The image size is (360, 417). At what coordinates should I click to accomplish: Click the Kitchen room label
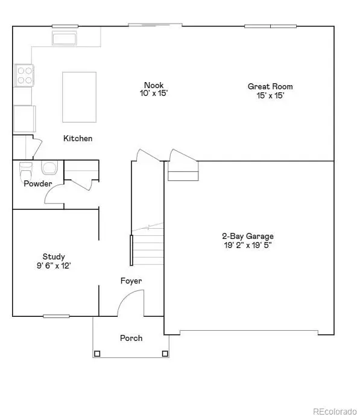(x=78, y=139)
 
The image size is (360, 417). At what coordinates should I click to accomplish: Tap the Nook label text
(x=154, y=85)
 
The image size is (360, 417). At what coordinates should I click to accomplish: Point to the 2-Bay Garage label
(x=248, y=236)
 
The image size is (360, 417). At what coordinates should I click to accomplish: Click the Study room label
(x=54, y=256)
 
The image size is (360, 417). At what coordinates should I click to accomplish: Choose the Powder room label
(x=37, y=183)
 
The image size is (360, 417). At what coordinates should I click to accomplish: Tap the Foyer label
(x=131, y=281)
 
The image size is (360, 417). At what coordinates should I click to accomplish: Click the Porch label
(x=131, y=338)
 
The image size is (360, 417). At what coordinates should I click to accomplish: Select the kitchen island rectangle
(x=79, y=96)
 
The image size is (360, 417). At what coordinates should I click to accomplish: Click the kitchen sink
(x=63, y=39)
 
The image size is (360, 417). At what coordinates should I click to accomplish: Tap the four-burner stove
(x=24, y=74)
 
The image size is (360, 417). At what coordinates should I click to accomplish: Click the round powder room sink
(x=48, y=167)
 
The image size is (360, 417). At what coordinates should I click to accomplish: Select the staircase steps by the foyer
(x=148, y=244)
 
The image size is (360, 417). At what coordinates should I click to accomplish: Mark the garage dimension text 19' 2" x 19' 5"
(x=248, y=245)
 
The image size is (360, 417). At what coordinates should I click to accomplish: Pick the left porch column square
(x=96, y=355)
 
